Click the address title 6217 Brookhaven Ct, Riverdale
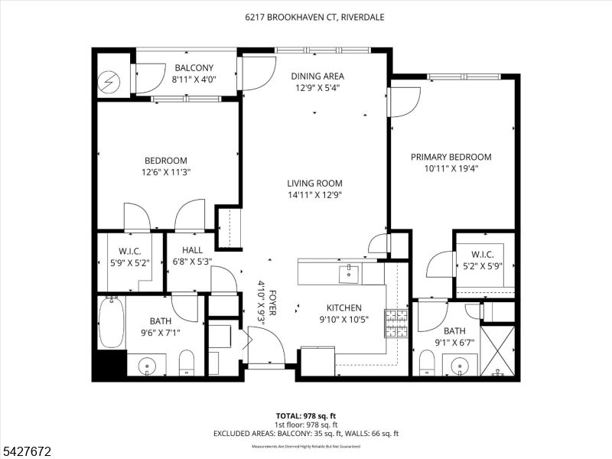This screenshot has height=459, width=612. tap(314, 17)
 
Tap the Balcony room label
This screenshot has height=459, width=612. tap(194, 67)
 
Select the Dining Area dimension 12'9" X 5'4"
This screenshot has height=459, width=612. tap(317, 88)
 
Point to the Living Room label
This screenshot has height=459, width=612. tap(314, 183)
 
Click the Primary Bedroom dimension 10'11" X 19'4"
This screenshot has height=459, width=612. tap(451, 168)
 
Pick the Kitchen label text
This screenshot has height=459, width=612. tap(343, 308)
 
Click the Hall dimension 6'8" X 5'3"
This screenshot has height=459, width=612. tap(193, 262)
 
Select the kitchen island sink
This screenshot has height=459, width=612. tap(349, 274)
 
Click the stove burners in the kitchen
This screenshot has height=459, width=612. tap(396, 323)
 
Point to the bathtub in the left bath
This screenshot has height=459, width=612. tap(112, 322)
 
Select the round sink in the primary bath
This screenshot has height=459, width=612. tap(460, 366)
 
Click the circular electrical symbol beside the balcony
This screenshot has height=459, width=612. tap(109, 82)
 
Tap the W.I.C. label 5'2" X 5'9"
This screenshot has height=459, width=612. tap(483, 260)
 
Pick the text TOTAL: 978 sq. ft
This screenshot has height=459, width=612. tap(306, 416)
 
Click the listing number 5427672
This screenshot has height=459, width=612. tap(26, 451)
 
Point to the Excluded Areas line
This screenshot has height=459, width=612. tap(306, 434)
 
